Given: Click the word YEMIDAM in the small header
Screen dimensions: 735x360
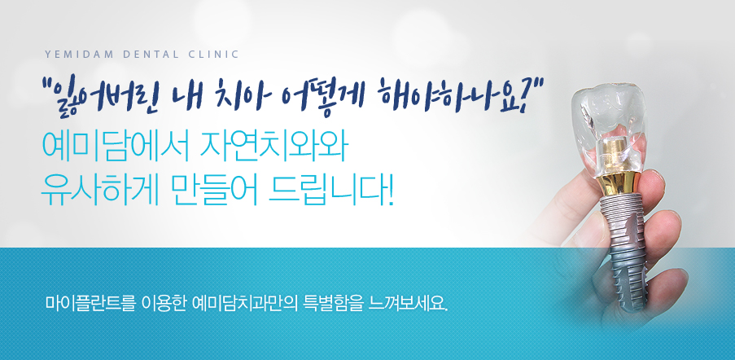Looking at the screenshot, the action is (79, 55).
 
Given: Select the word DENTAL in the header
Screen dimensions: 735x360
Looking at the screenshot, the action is (151, 55).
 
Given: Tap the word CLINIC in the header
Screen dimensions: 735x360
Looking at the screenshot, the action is (213, 55).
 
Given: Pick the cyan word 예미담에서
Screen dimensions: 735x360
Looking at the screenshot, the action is (116, 147).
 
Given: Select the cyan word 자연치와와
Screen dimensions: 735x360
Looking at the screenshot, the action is (273, 147).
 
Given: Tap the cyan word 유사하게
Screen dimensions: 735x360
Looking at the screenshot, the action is (99, 191).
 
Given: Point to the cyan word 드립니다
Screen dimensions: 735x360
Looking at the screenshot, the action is (331, 191).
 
